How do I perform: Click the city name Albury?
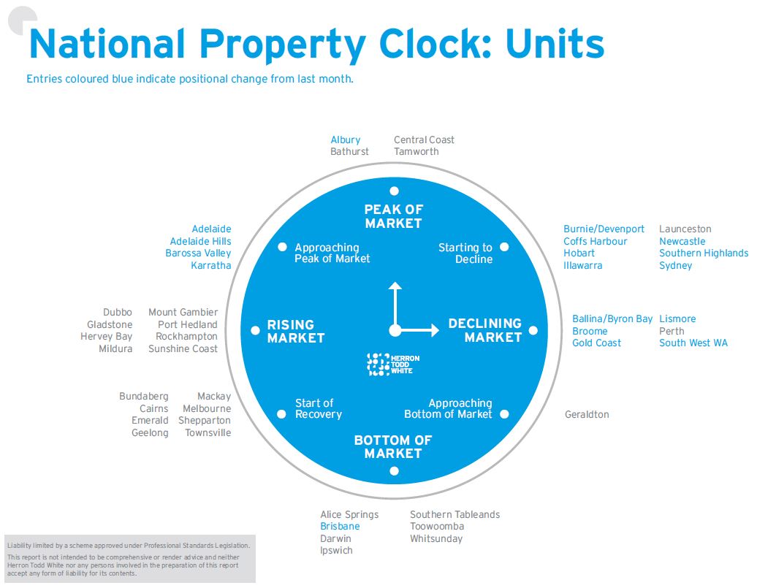pos(345,140)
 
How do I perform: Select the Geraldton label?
pos(587,414)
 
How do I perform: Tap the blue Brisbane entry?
pos(340,526)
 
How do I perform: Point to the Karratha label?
pos(210,265)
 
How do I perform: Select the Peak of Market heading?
pos(394,216)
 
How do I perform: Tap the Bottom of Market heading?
pos(393,446)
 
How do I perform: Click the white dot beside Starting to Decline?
pos(504,247)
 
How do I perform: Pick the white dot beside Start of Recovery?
pos(281,414)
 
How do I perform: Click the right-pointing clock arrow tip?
pos(437,330)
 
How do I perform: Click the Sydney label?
pos(675,265)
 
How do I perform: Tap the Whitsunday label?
pos(436,538)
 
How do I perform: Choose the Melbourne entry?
pos(207,408)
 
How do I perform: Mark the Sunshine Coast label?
pos(183,348)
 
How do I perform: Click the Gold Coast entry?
pos(596,343)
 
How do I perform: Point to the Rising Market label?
pos(295,331)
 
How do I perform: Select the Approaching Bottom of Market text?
pos(448,408)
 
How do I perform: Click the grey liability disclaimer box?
pos(129,559)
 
